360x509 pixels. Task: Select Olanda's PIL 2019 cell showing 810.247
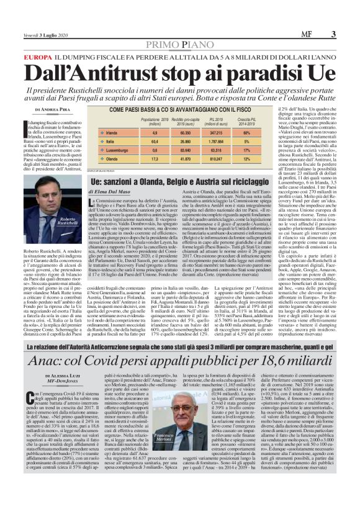(x=233, y=158)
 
